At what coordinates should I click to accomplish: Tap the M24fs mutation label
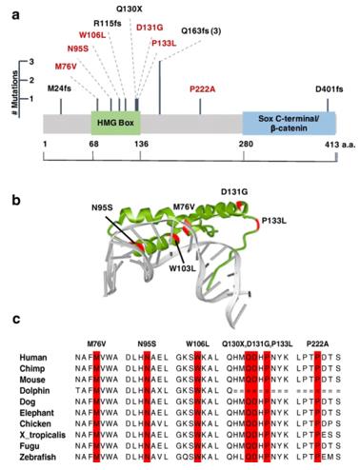pos(59,88)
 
